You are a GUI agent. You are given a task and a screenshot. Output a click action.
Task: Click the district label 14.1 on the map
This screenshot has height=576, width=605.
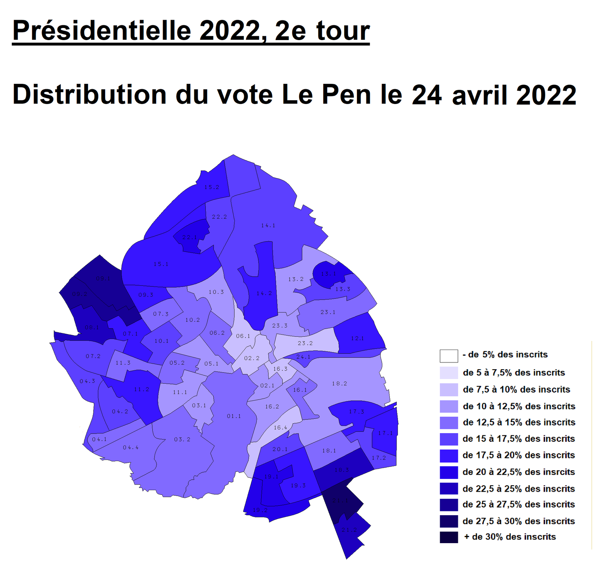click(x=268, y=226)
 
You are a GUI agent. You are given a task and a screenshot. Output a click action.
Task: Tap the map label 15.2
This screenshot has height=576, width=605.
click(x=212, y=187)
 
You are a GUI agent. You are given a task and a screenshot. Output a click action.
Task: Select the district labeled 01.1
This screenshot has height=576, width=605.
click(x=234, y=416)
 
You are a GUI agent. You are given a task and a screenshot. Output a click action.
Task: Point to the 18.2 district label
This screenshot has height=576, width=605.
click(x=339, y=384)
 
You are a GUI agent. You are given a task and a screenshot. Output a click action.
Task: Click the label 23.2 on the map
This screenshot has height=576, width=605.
click(x=305, y=343)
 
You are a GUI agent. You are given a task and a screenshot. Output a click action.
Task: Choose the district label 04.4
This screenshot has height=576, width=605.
click(x=130, y=447)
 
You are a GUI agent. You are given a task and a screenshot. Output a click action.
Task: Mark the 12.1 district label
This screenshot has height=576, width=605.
click(x=357, y=338)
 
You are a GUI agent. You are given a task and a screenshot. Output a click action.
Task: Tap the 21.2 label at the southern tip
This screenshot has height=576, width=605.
click(x=349, y=530)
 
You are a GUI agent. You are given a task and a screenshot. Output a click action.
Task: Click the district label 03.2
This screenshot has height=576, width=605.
click(x=182, y=440)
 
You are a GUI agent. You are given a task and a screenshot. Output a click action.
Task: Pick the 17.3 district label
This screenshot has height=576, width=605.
click(x=357, y=412)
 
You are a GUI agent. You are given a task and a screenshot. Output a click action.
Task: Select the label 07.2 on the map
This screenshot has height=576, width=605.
click(x=93, y=356)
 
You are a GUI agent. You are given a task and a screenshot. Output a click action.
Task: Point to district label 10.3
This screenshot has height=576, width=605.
click(x=216, y=292)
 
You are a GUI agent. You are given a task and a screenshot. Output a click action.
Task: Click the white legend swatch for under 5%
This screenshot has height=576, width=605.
click(x=449, y=356)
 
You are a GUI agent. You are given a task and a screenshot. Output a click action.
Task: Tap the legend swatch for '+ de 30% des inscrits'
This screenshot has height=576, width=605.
click(x=449, y=537)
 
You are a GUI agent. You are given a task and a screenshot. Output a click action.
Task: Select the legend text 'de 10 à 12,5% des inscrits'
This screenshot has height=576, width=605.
click(x=519, y=406)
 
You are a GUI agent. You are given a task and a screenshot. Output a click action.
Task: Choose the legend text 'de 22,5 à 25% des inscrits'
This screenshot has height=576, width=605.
click(x=518, y=489)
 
